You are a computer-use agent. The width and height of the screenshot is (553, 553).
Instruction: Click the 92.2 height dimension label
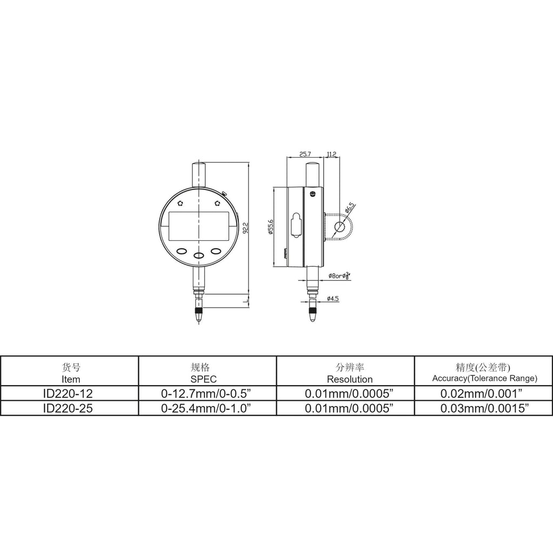pos(246,227)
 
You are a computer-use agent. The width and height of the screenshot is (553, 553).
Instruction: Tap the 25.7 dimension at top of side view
pos(305,154)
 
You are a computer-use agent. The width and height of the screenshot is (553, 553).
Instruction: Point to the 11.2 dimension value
pos(332,154)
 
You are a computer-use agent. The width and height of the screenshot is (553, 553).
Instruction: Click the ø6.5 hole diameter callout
pos(350,208)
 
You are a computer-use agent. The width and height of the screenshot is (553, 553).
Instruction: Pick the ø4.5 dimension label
pos(333,299)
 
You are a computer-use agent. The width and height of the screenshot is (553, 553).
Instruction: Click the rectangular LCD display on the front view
pos(198,226)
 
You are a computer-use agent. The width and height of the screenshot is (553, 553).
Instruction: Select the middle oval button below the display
pos(199,255)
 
